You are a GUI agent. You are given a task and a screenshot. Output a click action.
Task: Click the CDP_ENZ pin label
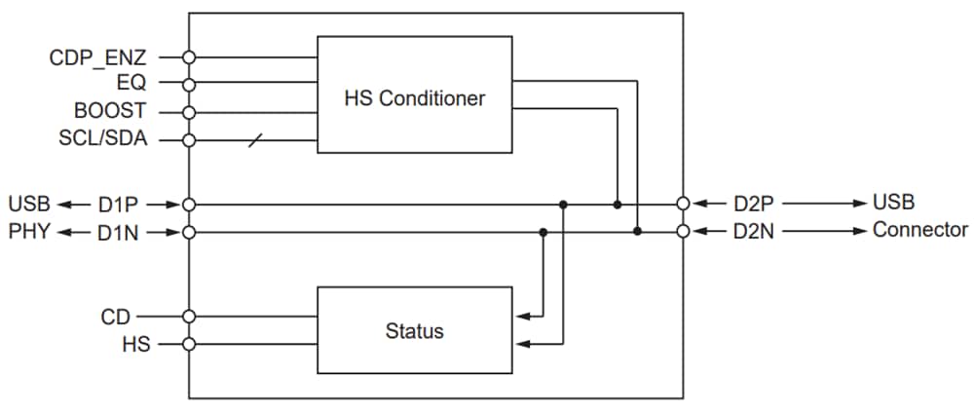[x=97, y=57]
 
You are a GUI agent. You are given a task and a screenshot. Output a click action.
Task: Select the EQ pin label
[x=131, y=84]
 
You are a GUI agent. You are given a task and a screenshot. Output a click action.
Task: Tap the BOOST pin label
[x=110, y=111]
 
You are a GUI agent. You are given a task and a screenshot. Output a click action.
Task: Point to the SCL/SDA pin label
[x=102, y=138]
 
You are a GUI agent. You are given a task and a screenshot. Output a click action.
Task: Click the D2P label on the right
[x=754, y=204]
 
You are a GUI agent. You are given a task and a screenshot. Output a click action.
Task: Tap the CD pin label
[x=115, y=317]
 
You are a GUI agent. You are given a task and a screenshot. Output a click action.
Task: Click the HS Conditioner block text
[x=414, y=98]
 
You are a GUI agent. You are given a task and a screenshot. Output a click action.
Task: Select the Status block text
[x=414, y=331]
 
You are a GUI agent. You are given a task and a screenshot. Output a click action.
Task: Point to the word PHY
[x=28, y=232]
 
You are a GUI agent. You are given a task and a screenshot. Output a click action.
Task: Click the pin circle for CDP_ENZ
[x=189, y=57]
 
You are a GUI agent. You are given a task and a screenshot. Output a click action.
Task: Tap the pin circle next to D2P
[x=684, y=205]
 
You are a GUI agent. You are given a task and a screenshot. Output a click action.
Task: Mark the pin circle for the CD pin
[x=189, y=316]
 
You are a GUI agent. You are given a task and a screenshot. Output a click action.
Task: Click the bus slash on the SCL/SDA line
[x=255, y=140]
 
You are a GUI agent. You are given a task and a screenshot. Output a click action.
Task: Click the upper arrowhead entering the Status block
[x=518, y=316]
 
